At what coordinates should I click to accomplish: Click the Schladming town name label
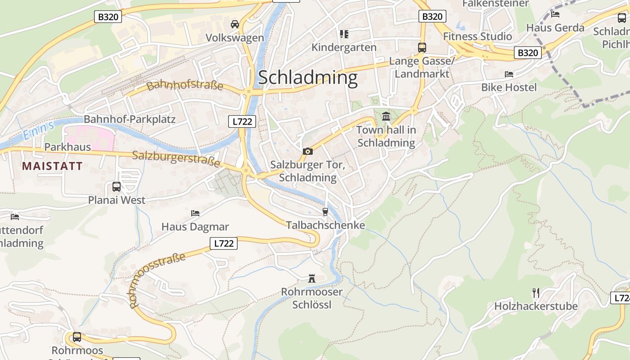pos(308,77)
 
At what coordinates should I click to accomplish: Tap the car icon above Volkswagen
pos(235,24)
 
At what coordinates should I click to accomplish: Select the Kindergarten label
pos(344,47)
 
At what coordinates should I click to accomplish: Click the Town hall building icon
pos(386,117)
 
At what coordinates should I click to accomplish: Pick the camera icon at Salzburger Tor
pos(308,151)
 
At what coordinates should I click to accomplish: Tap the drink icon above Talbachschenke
pos(325,211)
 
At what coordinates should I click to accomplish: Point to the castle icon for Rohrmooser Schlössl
pos(311,279)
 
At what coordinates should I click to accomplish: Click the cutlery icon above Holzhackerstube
pos(535,293)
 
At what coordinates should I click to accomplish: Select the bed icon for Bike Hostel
pos(509,74)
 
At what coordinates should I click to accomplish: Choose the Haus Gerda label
pos(555,27)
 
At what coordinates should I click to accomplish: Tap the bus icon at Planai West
pos(117,186)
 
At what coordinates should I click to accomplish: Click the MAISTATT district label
pos(52,166)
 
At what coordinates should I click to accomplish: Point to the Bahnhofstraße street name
pos(185,85)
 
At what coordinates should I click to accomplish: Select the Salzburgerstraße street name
pos(176,158)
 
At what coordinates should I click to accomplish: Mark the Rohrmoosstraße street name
pos(157,280)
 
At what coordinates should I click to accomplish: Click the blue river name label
pos(38,129)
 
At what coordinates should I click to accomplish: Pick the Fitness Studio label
pos(477,36)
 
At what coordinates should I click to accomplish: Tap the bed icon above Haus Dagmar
pos(195,213)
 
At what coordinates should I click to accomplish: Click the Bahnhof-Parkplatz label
pos(130,119)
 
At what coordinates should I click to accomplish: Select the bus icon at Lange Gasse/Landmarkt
pos(422,47)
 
